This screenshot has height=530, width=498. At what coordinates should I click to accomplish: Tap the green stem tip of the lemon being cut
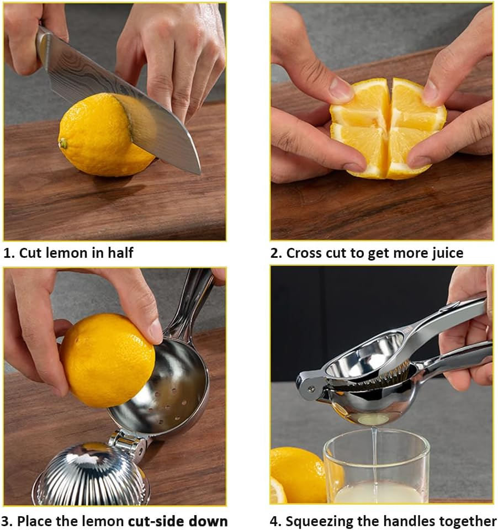tap(63, 144)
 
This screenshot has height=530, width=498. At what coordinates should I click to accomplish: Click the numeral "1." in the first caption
tap(9, 253)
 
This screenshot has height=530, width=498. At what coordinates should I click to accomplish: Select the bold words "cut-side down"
tap(178, 521)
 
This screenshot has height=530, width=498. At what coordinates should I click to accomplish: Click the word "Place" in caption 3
tap(37, 521)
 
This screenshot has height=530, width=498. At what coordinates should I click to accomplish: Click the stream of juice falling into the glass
tap(374, 453)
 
